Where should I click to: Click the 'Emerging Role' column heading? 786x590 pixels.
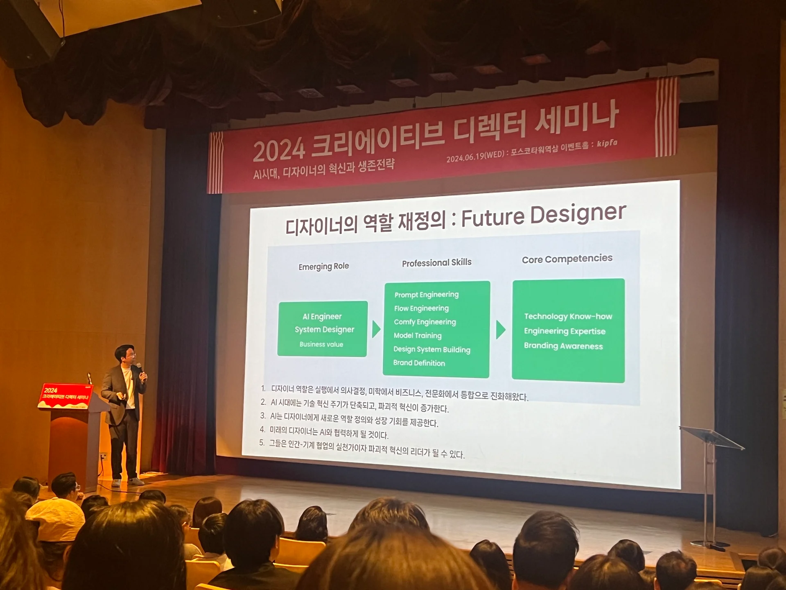tap(323, 266)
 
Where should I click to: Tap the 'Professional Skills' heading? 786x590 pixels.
tap(436, 263)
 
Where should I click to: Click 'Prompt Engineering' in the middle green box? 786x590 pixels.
tap(426, 295)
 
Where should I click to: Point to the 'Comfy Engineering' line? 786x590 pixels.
tap(425, 322)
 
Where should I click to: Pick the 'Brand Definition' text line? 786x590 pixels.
tap(419, 363)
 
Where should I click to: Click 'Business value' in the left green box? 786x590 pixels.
tap(321, 345)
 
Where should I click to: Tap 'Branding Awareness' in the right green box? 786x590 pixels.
tap(563, 346)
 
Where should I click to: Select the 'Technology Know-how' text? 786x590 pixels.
tap(568, 316)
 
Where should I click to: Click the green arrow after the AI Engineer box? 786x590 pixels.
tap(376, 329)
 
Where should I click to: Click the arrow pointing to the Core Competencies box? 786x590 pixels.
tap(500, 329)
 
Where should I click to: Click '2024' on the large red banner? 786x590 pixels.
tap(279, 150)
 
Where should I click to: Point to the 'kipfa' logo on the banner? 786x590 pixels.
tap(607, 143)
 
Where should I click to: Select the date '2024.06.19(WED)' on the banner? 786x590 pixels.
tap(475, 156)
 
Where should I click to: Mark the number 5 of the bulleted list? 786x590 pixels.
tap(262, 442)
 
